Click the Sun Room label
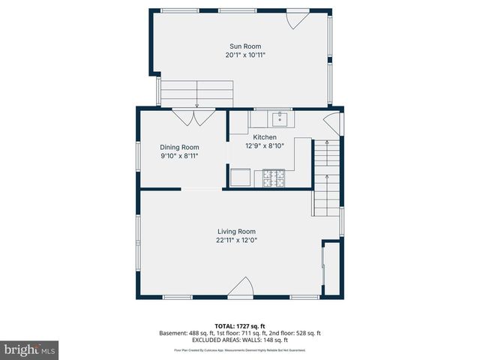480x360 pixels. (245, 46)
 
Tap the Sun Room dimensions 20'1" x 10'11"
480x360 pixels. (245, 55)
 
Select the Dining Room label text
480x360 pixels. (179, 148)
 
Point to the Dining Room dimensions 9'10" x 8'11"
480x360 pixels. (179, 157)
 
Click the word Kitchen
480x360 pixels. (265, 137)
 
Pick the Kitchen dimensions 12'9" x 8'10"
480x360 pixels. (265, 146)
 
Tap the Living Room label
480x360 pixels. (236, 232)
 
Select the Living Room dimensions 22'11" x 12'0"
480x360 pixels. (236, 241)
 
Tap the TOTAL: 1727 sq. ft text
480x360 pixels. (240, 325)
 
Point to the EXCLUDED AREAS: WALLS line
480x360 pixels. (240, 339)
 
